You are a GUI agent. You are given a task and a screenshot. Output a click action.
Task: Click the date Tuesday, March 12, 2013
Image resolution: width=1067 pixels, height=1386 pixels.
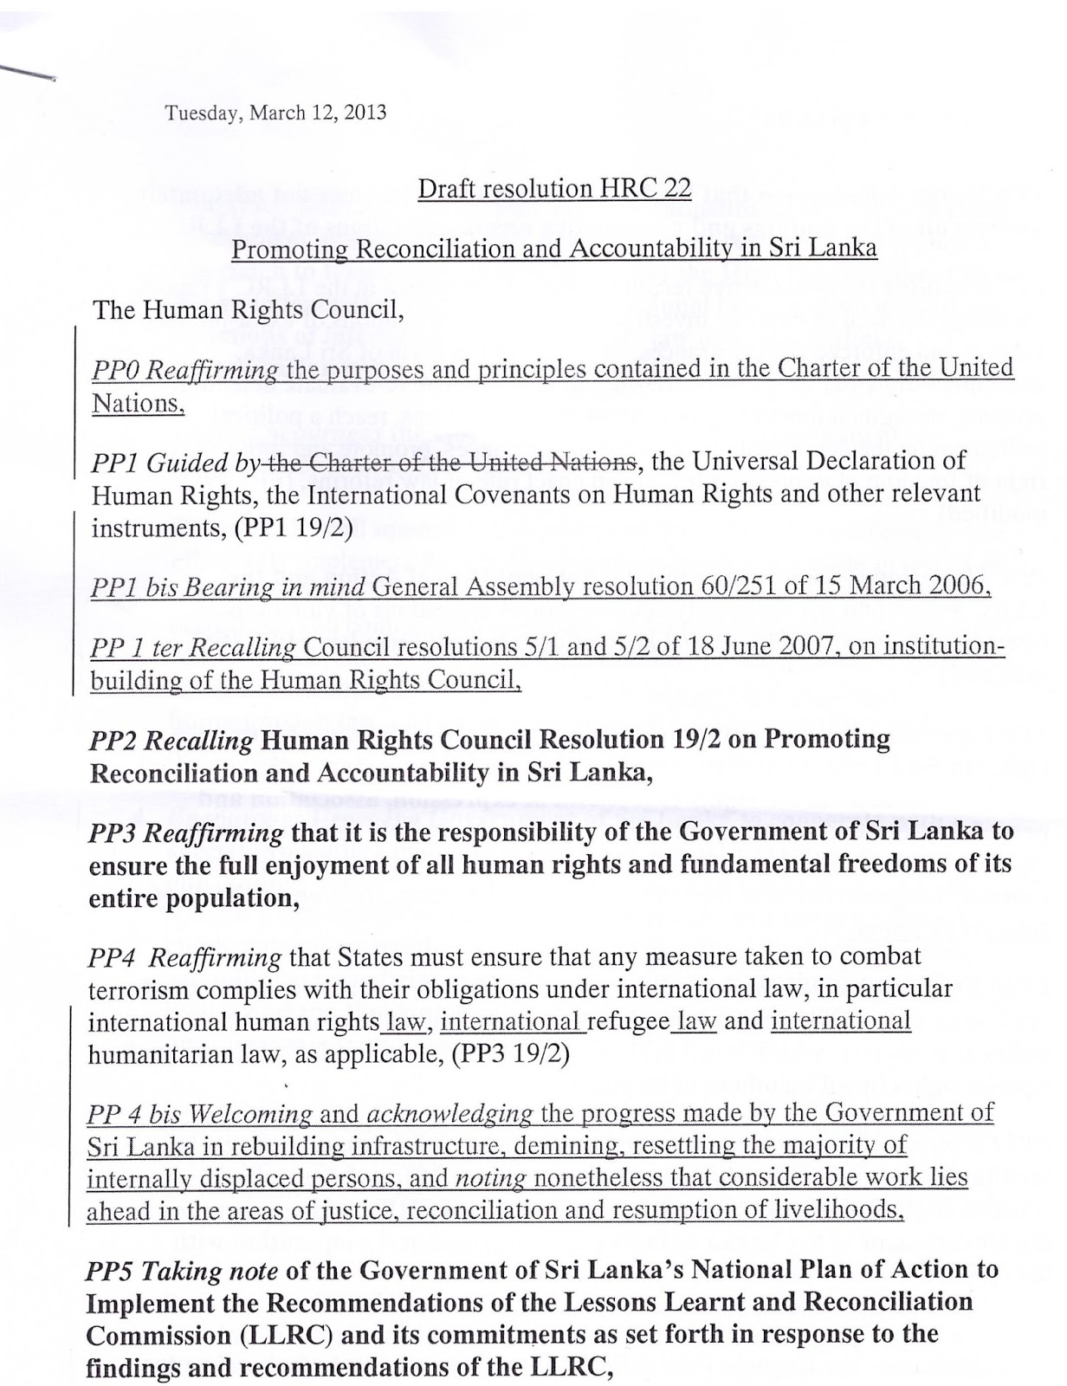coord(275,113)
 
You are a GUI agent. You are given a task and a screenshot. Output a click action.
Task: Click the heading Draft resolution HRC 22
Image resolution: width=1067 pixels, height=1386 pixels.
coord(554,189)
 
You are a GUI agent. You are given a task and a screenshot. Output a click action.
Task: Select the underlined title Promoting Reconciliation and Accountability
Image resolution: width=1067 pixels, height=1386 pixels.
coord(554,249)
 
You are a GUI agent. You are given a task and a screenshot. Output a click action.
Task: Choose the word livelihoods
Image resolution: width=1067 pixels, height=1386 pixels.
coord(837,1211)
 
